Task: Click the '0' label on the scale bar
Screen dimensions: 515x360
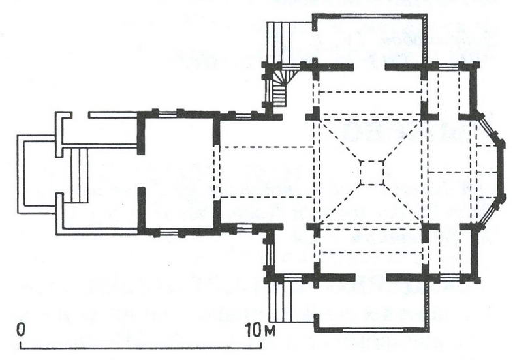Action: [x=21, y=329]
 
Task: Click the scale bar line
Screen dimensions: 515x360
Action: [x=141, y=346]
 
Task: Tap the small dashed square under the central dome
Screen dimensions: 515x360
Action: [x=372, y=173]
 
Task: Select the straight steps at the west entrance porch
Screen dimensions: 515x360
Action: [x=80, y=175]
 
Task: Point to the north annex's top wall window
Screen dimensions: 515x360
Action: [x=371, y=16]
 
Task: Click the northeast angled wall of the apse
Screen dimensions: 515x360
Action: [x=489, y=127]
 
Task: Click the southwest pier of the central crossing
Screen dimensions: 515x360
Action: [x=315, y=228]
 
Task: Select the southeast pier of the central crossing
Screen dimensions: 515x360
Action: [x=428, y=230]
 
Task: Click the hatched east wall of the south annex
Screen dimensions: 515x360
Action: [x=428, y=306]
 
